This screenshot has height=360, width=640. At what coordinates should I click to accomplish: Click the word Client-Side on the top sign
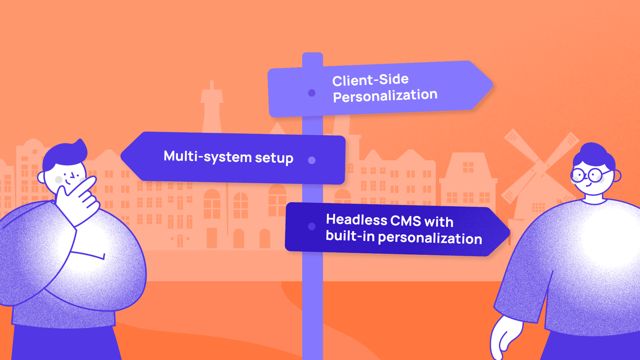pyautogui.click(x=370, y=80)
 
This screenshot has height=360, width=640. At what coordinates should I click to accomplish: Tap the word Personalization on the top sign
pyautogui.click(x=385, y=96)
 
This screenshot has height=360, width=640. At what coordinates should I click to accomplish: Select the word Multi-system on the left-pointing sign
pyautogui.click(x=207, y=157)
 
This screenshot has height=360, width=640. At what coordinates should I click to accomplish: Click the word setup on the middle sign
pyautogui.click(x=274, y=158)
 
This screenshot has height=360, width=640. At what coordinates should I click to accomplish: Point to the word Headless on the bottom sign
pyautogui.click(x=357, y=220)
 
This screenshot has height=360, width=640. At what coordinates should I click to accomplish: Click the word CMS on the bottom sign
pyautogui.click(x=406, y=221)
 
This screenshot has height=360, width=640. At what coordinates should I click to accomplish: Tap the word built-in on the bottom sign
pyautogui.click(x=350, y=236)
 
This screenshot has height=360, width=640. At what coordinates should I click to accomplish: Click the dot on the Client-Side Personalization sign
pyautogui.click(x=312, y=93)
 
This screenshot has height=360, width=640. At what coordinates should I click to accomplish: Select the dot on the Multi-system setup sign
pyautogui.click(x=312, y=160)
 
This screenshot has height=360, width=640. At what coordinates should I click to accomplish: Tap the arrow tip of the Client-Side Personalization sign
pyautogui.click(x=492, y=85)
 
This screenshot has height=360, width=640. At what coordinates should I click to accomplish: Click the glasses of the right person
pyautogui.click(x=590, y=175)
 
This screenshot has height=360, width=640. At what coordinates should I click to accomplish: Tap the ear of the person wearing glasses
pyautogui.click(x=617, y=176)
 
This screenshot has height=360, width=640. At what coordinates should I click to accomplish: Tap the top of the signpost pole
pyautogui.click(x=312, y=54)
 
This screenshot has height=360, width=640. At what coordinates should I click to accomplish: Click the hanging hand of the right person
pyautogui.click(x=505, y=337)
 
